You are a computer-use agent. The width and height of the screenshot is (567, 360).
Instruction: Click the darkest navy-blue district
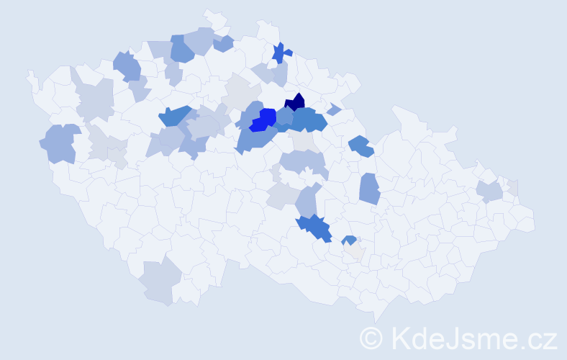click(296, 104)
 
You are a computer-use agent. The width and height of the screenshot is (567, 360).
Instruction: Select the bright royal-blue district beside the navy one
click(264, 119)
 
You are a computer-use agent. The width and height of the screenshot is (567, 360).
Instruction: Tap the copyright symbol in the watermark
click(371, 337)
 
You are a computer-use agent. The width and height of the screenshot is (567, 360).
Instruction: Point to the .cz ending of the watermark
click(539, 337)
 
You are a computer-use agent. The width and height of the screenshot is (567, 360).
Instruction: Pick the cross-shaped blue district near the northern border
click(281, 53)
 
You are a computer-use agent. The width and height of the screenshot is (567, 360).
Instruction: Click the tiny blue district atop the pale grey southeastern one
click(349, 240)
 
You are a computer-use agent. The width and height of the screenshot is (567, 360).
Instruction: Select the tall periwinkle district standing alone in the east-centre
click(369, 189)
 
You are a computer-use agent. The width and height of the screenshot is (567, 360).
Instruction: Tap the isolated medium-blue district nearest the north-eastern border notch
click(360, 146)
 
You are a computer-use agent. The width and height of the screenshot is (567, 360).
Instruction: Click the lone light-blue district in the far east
click(489, 192)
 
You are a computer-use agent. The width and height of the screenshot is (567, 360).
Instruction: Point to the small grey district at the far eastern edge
click(513, 187)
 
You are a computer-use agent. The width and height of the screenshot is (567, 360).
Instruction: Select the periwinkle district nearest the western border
click(60, 142)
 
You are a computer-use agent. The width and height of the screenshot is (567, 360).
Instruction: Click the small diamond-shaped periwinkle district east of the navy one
click(333, 109)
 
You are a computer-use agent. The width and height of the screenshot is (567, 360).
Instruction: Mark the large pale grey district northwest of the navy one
click(241, 93)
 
